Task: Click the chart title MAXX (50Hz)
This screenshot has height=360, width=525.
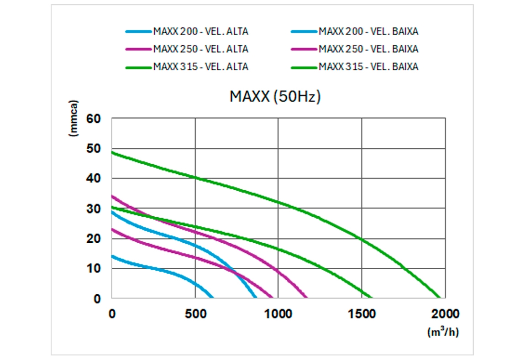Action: [x=275, y=97]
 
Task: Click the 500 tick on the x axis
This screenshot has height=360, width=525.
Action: [x=195, y=314]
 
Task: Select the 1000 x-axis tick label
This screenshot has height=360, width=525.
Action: [x=278, y=314]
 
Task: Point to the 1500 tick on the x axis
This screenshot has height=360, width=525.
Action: [x=362, y=314]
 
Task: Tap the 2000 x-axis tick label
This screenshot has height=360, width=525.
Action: [x=445, y=314]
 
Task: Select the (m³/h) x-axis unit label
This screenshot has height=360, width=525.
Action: [x=443, y=332]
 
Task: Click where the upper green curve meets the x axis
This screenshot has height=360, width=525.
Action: [x=439, y=298]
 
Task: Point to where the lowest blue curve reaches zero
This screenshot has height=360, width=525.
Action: [x=212, y=298]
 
